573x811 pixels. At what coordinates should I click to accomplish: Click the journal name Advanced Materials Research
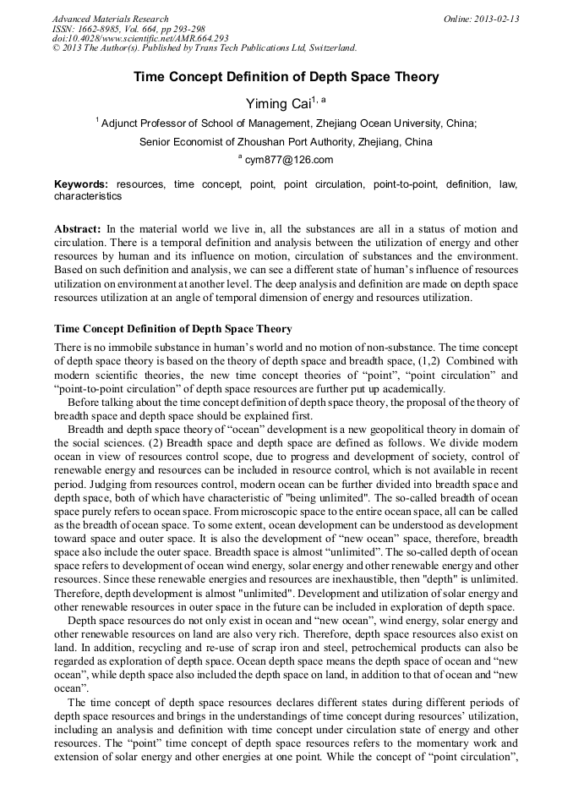pos(110,19)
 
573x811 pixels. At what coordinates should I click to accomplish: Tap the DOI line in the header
pos(140,38)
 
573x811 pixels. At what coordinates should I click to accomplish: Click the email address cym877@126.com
pos(289,160)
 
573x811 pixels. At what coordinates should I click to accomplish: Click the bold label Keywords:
pos(81,184)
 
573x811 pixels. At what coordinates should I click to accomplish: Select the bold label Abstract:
pos(78,229)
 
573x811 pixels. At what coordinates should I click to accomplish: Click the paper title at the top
pos(286,77)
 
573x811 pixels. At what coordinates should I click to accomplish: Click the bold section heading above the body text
pos(173,328)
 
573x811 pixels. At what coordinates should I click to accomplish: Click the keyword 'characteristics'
pos(88,196)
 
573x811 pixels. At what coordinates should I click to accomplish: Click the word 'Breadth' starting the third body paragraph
pos(87,429)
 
